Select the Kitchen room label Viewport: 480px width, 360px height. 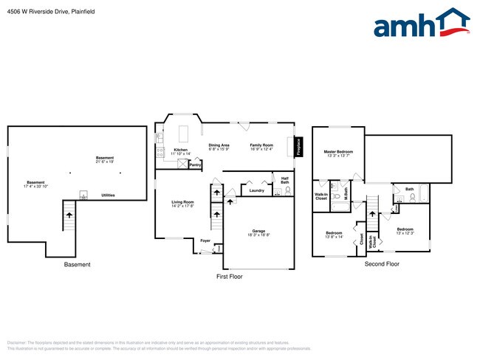(180, 150)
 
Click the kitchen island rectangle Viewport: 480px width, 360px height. (183, 133)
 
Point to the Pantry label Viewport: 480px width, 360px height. (195, 165)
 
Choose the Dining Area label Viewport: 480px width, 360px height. (219, 145)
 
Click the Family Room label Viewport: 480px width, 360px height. (261, 145)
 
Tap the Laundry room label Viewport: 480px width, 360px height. (256, 191)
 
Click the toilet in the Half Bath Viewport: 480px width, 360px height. (278, 191)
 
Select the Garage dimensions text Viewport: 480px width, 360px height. (258, 235)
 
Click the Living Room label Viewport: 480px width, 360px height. (182, 202)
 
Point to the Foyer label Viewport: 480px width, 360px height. (205, 239)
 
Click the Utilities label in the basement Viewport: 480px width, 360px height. (108, 195)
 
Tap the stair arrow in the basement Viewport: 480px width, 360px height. (70, 214)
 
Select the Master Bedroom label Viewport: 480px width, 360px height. (339, 152)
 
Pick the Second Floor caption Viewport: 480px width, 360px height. (382, 263)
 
